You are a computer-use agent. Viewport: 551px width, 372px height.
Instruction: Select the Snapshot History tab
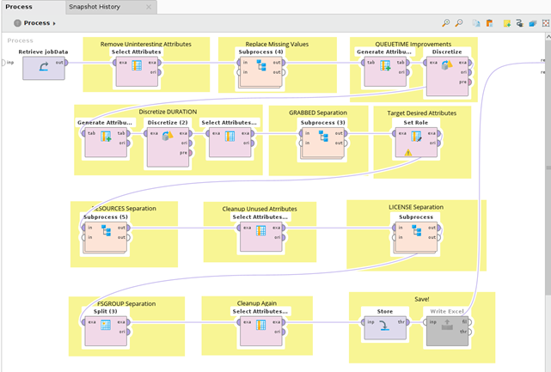(x=95, y=7)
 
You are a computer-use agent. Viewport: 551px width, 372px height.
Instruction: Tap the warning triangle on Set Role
(x=408, y=153)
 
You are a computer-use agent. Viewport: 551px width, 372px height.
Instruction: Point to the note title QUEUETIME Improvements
(x=412, y=42)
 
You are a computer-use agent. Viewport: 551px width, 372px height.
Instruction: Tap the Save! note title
(x=422, y=299)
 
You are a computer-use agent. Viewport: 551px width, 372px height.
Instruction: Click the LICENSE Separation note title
(x=416, y=207)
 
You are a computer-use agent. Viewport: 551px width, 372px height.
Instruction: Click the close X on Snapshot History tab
(x=150, y=7)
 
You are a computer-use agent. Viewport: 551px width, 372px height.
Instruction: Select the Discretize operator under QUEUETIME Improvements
(x=447, y=70)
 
